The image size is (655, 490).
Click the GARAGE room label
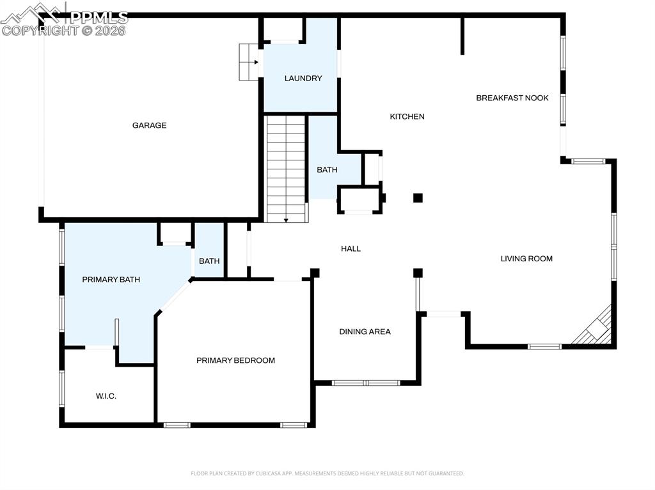(x=149, y=125)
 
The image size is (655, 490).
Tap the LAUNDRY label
(x=303, y=79)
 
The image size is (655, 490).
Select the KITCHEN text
(x=407, y=116)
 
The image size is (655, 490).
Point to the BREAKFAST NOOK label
(x=512, y=98)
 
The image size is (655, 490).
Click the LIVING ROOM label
(x=526, y=259)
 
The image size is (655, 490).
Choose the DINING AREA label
(x=365, y=332)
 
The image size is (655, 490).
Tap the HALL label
(x=351, y=249)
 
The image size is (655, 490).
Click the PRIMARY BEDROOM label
(x=235, y=360)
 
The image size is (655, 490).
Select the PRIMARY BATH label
(x=111, y=280)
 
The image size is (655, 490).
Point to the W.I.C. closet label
(x=106, y=396)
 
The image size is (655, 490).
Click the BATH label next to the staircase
(x=327, y=170)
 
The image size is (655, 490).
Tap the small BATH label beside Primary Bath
(x=209, y=261)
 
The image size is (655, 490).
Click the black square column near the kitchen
(x=418, y=198)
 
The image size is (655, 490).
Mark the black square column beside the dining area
(x=418, y=273)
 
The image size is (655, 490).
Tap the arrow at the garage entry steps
(x=255, y=62)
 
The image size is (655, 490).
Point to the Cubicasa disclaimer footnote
(x=327, y=473)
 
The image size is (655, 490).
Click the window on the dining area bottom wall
(x=365, y=383)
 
